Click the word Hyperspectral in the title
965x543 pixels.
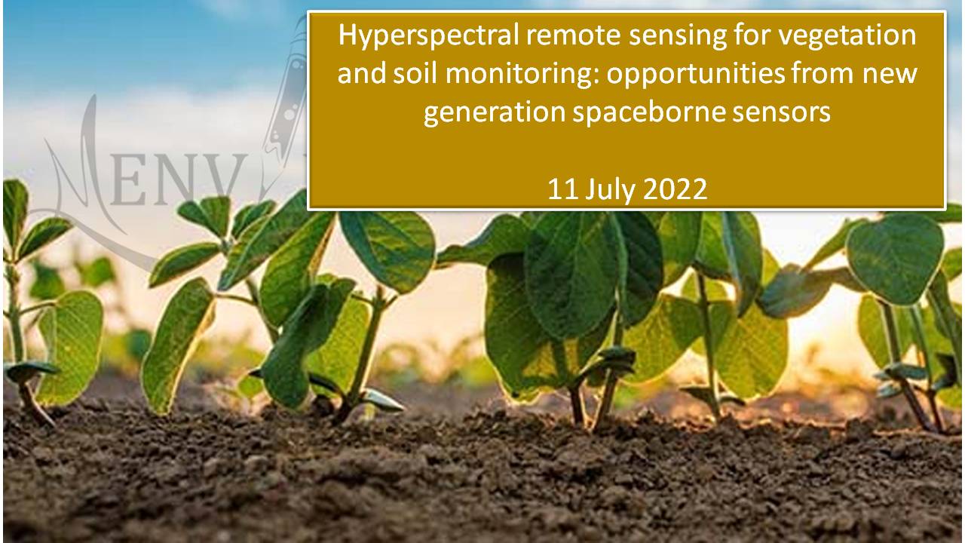428,36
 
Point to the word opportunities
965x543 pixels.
695,74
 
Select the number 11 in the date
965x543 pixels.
563,189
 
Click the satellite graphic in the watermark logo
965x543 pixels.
286,90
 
